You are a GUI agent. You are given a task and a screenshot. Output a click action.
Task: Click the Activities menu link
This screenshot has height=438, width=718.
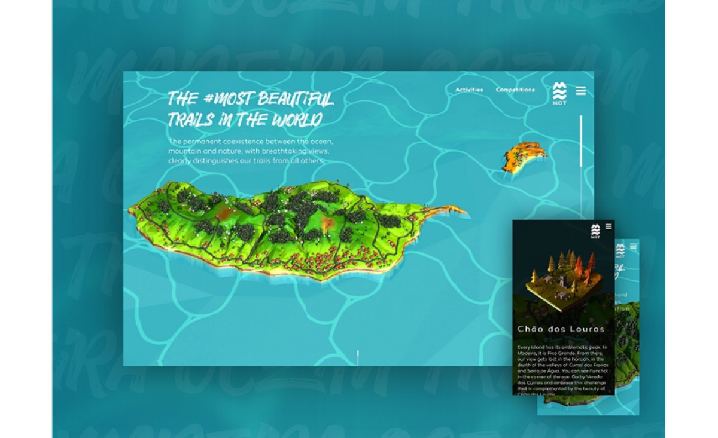(x=469, y=90)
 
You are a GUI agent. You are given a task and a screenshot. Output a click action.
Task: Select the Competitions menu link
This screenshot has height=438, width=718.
(x=515, y=90)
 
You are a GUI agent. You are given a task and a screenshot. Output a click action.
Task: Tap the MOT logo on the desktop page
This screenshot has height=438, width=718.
(x=559, y=93)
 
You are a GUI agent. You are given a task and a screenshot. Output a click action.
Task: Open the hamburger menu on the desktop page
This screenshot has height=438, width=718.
(x=581, y=91)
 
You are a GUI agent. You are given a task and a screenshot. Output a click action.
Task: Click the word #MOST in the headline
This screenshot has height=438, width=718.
(x=227, y=99)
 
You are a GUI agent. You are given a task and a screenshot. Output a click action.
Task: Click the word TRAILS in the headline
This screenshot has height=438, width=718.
(x=191, y=120)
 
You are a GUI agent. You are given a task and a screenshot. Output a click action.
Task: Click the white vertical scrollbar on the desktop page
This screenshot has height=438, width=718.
(x=580, y=140)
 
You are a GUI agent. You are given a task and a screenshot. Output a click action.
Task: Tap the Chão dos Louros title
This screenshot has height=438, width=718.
(x=561, y=329)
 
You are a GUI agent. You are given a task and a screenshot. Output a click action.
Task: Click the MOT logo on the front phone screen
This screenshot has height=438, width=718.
(x=595, y=231)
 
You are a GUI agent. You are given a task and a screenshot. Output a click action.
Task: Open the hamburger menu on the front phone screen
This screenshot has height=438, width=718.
(x=609, y=226)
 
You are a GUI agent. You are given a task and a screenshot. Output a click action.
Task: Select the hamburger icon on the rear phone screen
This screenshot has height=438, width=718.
(x=634, y=246)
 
